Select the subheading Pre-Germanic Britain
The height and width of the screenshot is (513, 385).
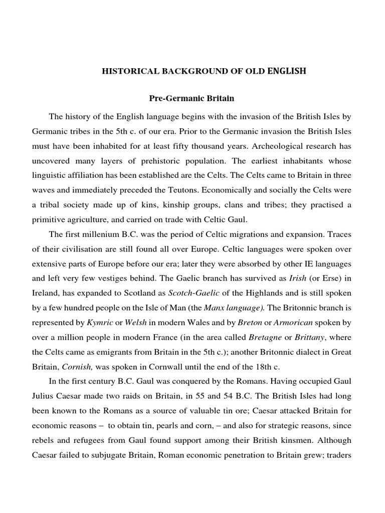tap(191, 98)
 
